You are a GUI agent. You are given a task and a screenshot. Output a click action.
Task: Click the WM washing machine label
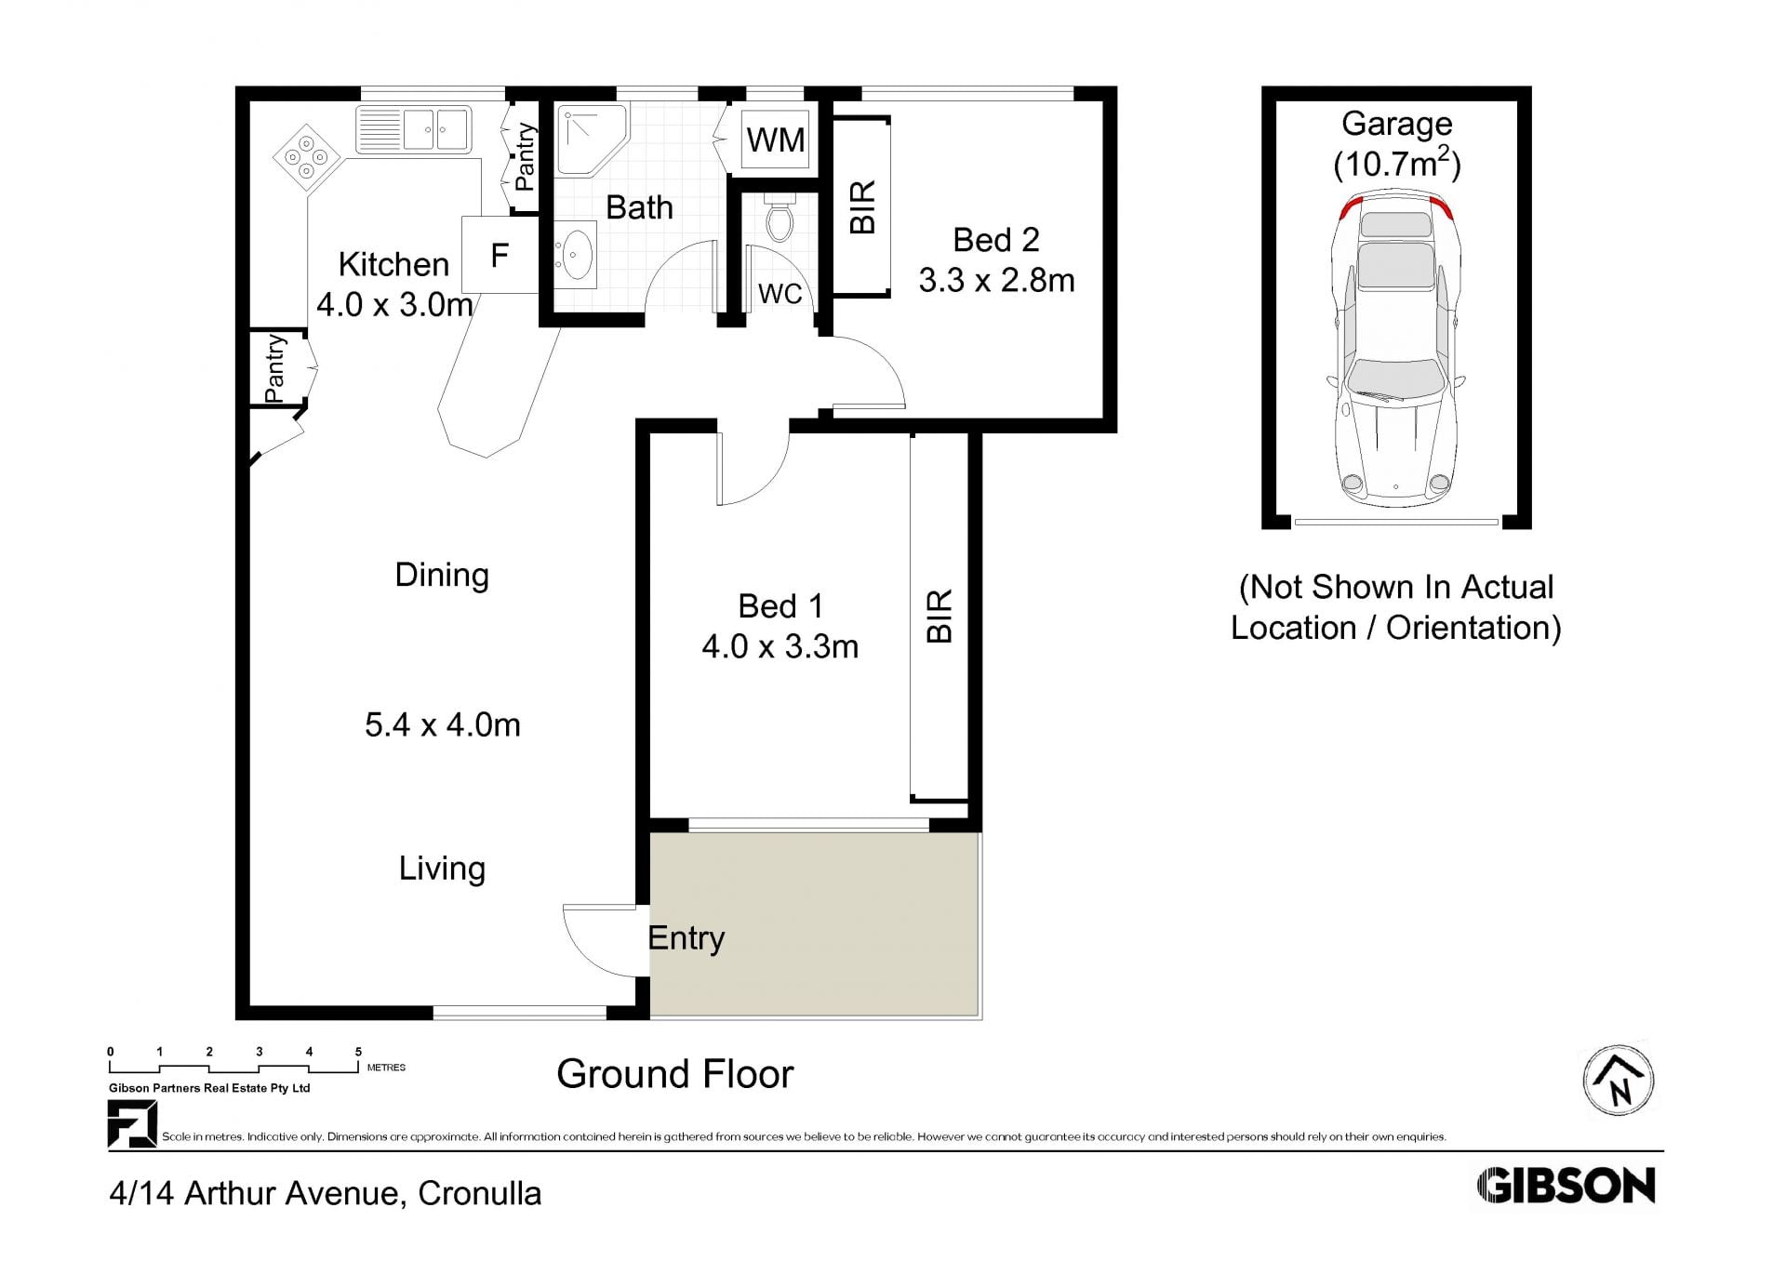pyautogui.click(x=776, y=139)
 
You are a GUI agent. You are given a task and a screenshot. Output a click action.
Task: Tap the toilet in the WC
pyautogui.click(x=779, y=217)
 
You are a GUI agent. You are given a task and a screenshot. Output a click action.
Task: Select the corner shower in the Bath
pyautogui.click(x=592, y=139)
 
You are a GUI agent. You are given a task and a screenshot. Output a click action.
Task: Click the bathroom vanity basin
pyautogui.click(x=576, y=253)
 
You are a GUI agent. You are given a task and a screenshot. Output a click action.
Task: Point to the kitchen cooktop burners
pyautogui.click(x=306, y=158)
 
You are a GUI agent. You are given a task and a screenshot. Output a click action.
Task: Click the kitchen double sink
pyautogui.click(x=414, y=129)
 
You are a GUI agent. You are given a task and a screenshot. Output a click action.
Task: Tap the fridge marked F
pyautogui.click(x=500, y=255)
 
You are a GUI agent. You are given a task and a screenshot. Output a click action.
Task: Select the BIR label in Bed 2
pyautogui.click(x=862, y=207)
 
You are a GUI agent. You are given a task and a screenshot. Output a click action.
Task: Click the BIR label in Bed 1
pyautogui.click(x=940, y=616)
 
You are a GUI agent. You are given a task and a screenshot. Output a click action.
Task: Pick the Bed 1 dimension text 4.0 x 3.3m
pyautogui.click(x=780, y=646)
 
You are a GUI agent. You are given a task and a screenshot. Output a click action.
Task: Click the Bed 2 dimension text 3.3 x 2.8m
pyautogui.click(x=996, y=280)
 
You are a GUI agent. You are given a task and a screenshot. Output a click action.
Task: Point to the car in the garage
pyautogui.click(x=1395, y=348)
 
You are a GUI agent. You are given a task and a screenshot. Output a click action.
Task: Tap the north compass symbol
pyautogui.click(x=1619, y=1081)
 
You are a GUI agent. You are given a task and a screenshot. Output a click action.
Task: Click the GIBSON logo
pyautogui.click(x=1566, y=1186)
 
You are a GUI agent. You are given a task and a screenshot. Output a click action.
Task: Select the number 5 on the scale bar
pyautogui.click(x=358, y=1052)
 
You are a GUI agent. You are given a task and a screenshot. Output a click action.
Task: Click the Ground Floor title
pyautogui.click(x=674, y=1074)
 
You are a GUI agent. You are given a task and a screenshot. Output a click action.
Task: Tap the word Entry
pyautogui.click(x=686, y=938)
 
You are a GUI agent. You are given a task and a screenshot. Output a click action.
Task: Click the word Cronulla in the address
pyautogui.click(x=479, y=1193)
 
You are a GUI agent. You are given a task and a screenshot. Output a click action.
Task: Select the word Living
pyautogui.click(x=442, y=869)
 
